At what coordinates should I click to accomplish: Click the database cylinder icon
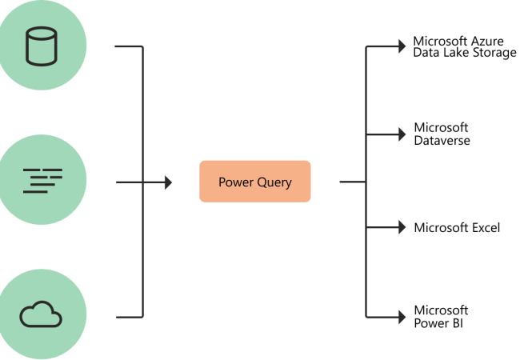(42, 46)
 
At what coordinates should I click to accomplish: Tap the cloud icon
(41, 314)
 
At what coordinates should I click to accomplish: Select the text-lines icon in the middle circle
(42, 181)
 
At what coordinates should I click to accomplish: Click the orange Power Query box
(255, 182)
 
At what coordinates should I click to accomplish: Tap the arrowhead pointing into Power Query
(169, 182)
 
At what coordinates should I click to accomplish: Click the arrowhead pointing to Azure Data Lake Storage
(402, 46)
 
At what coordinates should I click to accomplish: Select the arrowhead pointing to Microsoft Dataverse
(402, 134)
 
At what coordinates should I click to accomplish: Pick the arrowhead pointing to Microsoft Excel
(402, 227)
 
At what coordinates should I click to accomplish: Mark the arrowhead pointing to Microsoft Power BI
(402, 317)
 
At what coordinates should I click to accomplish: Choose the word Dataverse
(442, 141)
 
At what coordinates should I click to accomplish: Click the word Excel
(486, 228)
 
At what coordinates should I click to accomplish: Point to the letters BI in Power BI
(457, 323)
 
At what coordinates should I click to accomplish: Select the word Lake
(457, 52)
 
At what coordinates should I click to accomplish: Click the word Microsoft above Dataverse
(441, 127)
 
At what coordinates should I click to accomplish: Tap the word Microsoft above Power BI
(441, 310)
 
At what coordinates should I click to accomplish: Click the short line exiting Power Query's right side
(353, 182)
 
